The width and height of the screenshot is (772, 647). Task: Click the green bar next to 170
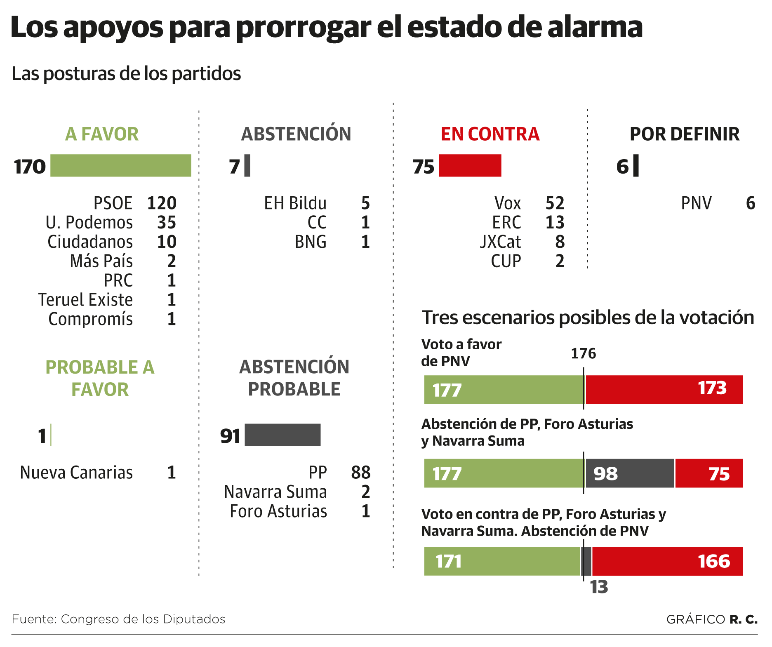pyautogui.click(x=120, y=166)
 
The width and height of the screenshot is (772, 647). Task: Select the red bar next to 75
pyautogui.click(x=470, y=166)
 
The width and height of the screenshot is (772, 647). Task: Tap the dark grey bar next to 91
pyautogui.click(x=282, y=435)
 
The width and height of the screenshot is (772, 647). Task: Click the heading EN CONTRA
pyautogui.click(x=490, y=134)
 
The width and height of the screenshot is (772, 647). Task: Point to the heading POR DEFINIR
pyautogui.click(x=685, y=134)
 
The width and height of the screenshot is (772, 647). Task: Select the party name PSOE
pyautogui.click(x=113, y=203)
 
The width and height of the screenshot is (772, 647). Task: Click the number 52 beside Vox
pyautogui.click(x=555, y=203)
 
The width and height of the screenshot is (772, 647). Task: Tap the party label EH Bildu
pyautogui.click(x=295, y=203)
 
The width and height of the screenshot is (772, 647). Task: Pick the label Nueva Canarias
pyautogui.click(x=76, y=473)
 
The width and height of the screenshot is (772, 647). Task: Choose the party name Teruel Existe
pyautogui.click(x=85, y=300)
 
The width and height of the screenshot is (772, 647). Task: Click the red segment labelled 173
pyautogui.click(x=664, y=390)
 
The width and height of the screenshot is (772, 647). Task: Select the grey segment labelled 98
pyautogui.click(x=630, y=473)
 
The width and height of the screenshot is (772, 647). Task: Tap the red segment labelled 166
pyautogui.click(x=667, y=561)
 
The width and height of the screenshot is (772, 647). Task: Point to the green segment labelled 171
pyautogui.click(x=502, y=561)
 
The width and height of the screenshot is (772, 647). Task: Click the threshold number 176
pyautogui.click(x=583, y=353)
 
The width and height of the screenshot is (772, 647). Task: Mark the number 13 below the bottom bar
pyautogui.click(x=599, y=587)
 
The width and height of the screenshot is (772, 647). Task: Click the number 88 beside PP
pyautogui.click(x=361, y=473)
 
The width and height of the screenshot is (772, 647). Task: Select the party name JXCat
pyautogui.click(x=500, y=242)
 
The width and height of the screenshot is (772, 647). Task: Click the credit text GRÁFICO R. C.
pyautogui.click(x=712, y=619)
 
